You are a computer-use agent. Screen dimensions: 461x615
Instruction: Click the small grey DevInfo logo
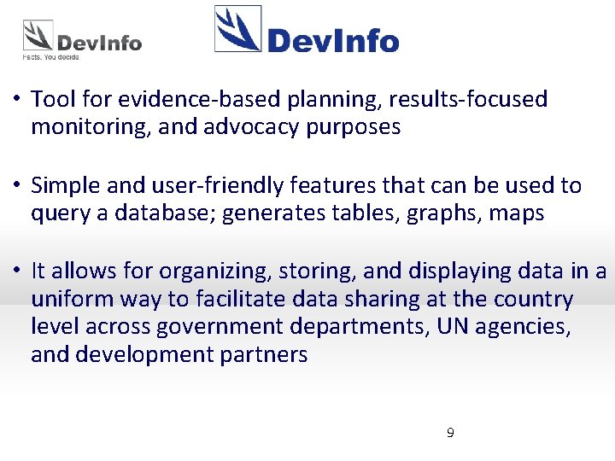tap(82, 38)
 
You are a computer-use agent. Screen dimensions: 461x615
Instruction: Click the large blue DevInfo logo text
tap(332, 40)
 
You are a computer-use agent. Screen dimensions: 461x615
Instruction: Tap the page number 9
tap(450, 433)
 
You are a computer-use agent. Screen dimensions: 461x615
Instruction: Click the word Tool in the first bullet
tap(52, 99)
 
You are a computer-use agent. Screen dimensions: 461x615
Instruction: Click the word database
tap(168, 213)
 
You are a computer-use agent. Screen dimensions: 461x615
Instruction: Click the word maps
tap(516, 213)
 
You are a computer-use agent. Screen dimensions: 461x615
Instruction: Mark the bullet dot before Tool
tap(16, 100)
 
